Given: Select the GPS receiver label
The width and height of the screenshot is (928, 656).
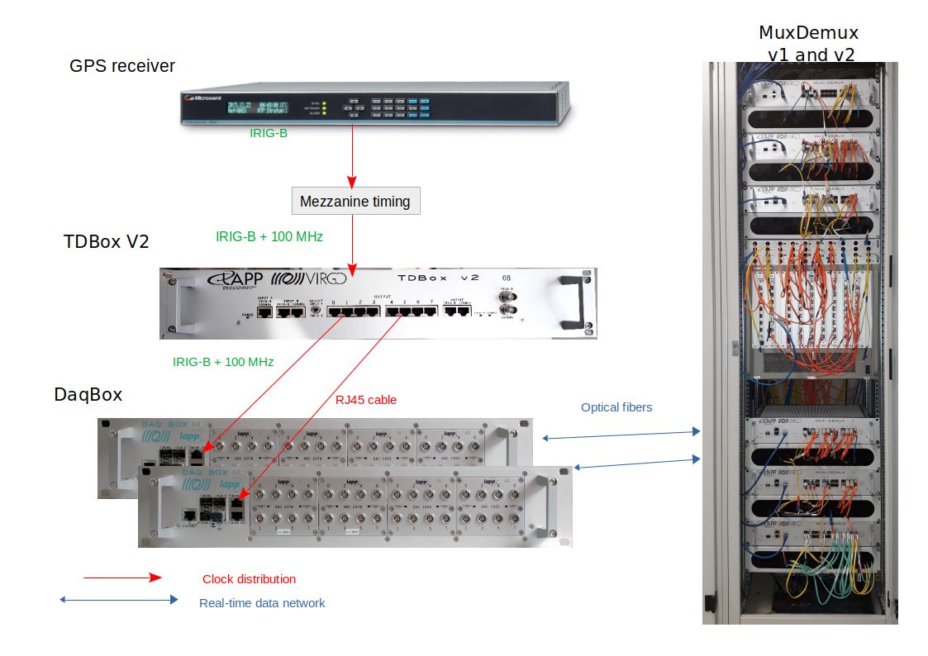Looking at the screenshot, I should [x=122, y=66].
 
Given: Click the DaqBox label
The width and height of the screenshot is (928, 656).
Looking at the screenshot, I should [x=88, y=395].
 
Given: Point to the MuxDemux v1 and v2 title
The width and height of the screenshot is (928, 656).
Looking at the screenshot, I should [x=808, y=44].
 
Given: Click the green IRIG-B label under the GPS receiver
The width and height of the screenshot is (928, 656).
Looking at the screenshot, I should [x=269, y=132].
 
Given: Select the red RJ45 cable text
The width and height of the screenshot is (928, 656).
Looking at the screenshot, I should [x=366, y=400].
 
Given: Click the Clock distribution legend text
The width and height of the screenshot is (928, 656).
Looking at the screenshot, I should [x=249, y=579].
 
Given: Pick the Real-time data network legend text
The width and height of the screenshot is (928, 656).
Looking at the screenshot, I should [x=262, y=603].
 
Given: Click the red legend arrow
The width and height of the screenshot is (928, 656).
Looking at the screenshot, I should [x=122, y=578].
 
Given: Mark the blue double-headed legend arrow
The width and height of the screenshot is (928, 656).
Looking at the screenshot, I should [x=119, y=600].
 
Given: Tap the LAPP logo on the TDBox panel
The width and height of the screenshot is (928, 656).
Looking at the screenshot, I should [x=235, y=278].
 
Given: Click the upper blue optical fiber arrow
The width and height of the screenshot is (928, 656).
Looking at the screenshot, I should [x=621, y=435].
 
